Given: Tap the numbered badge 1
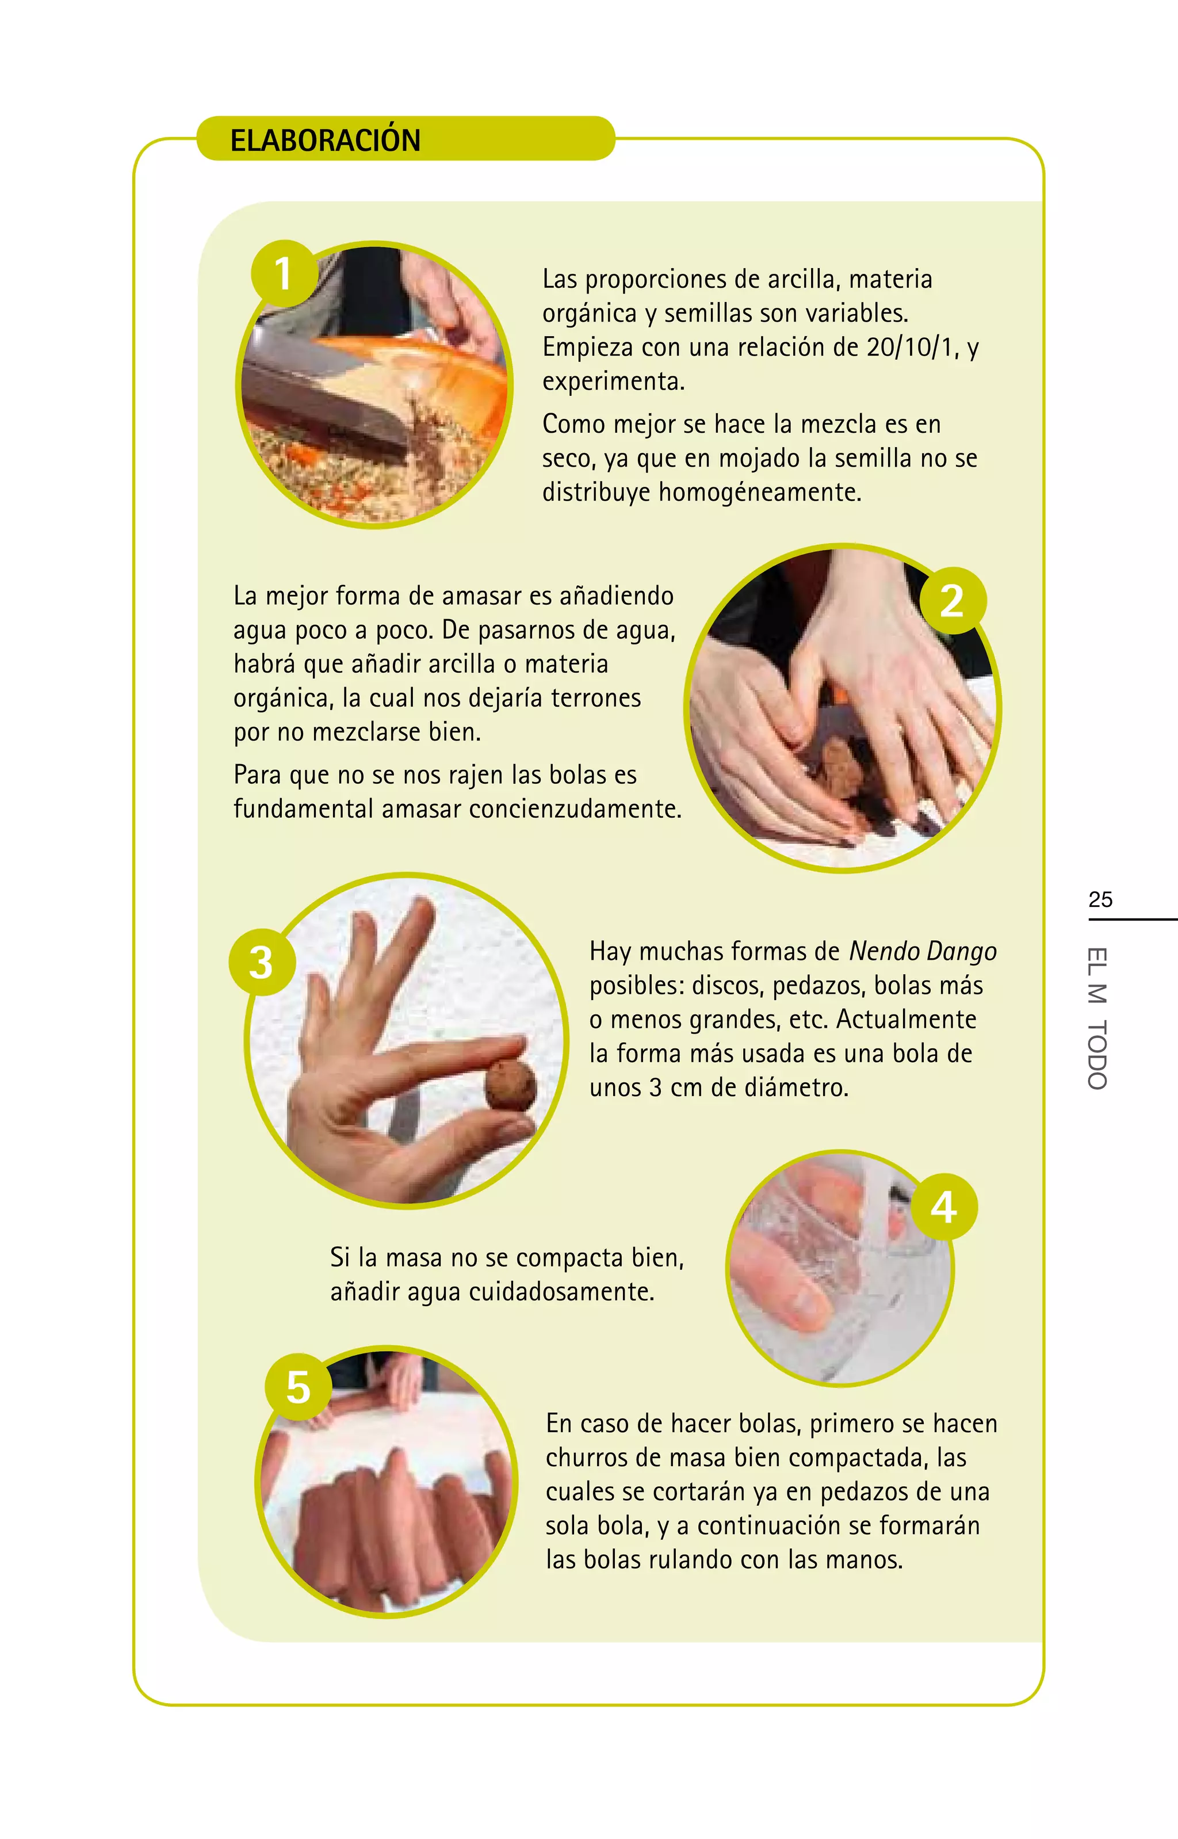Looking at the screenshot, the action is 284,274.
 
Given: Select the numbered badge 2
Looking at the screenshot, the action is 953,601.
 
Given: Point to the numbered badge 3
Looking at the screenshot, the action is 262,962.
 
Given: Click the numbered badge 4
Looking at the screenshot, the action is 944,1207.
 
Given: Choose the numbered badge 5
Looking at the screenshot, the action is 299,1387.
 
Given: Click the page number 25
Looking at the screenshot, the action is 1100,899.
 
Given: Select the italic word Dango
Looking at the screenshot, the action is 962,952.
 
